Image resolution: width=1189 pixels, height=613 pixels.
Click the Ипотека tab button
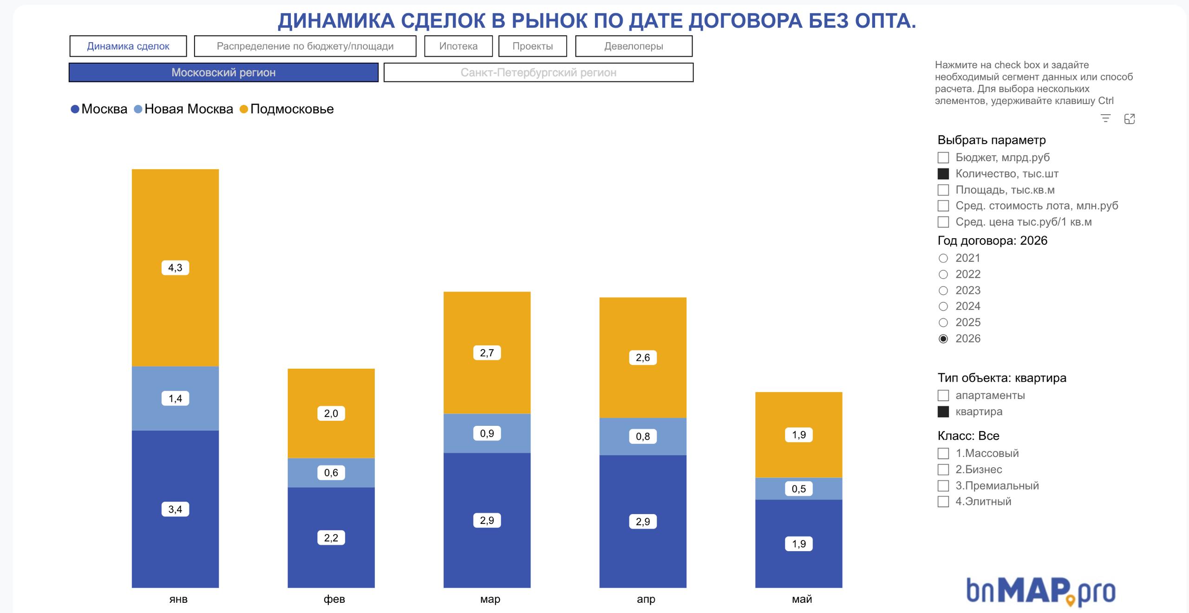coord(458,46)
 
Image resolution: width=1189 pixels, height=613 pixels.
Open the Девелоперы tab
coord(634,46)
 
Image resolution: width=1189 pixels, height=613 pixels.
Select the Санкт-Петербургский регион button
coord(538,72)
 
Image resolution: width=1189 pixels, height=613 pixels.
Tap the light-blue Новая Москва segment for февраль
coord(331,473)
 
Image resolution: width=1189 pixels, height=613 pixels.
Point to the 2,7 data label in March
coord(487,353)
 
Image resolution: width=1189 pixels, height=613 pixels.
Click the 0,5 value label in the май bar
coord(799,489)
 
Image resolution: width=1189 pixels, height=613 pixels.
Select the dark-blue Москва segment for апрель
coord(643,521)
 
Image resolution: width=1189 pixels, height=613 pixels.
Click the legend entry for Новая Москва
coord(183,109)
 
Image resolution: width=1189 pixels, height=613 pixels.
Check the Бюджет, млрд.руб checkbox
coord(943,158)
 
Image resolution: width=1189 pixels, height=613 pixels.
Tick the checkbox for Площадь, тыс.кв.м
coord(943,190)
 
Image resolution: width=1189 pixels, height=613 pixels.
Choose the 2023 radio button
coord(943,291)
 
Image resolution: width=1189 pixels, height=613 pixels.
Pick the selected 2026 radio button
coord(943,339)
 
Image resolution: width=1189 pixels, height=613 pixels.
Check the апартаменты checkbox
coord(943,396)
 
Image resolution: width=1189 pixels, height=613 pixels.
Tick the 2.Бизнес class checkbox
coord(943,470)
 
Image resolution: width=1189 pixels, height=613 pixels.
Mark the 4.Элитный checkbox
coord(943,502)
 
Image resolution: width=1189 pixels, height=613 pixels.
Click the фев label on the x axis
coord(334,599)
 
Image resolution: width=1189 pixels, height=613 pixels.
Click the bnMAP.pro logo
coord(1041,591)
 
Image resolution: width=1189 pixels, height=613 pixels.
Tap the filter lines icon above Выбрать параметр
coord(1106,119)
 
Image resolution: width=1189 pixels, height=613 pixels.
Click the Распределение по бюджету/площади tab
coord(305,46)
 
